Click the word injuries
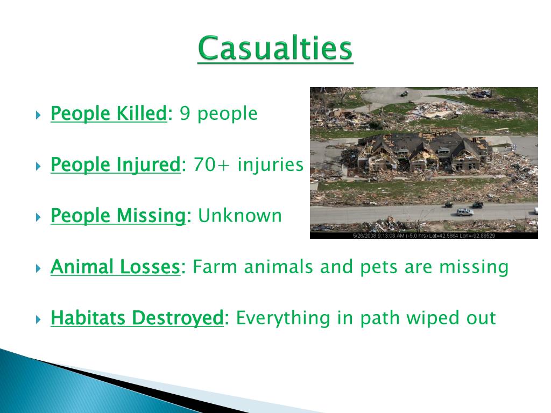270,165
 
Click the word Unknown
240,215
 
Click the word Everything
283,318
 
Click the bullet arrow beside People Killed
38,115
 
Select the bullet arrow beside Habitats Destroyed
38,319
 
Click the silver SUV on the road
464,212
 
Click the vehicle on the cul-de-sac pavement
404,94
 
